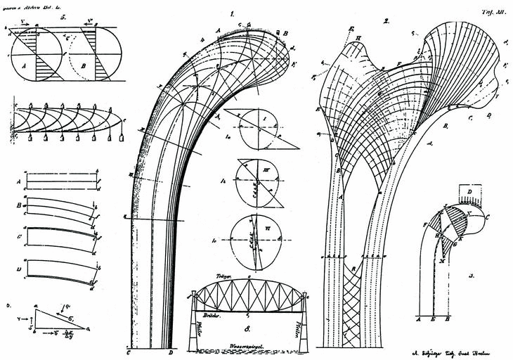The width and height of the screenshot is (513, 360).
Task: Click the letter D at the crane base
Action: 171,352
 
